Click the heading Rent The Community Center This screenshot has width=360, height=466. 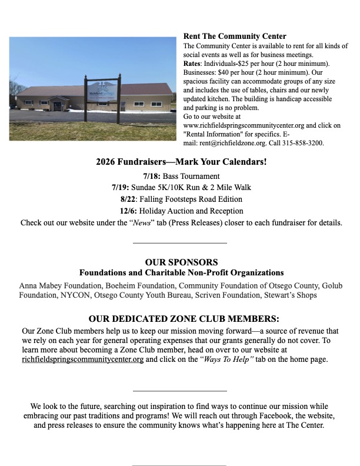pyautogui.click(x=226, y=36)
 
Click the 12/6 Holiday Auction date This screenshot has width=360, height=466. pyautogui.click(x=129, y=211)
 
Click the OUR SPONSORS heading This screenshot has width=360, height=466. pyautogui.click(x=181, y=262)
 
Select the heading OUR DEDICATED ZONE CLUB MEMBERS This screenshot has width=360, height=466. pyautogui.click(x=180, y=319)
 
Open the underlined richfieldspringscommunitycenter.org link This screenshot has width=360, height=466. pyautogui.click(x=83, y=360)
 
